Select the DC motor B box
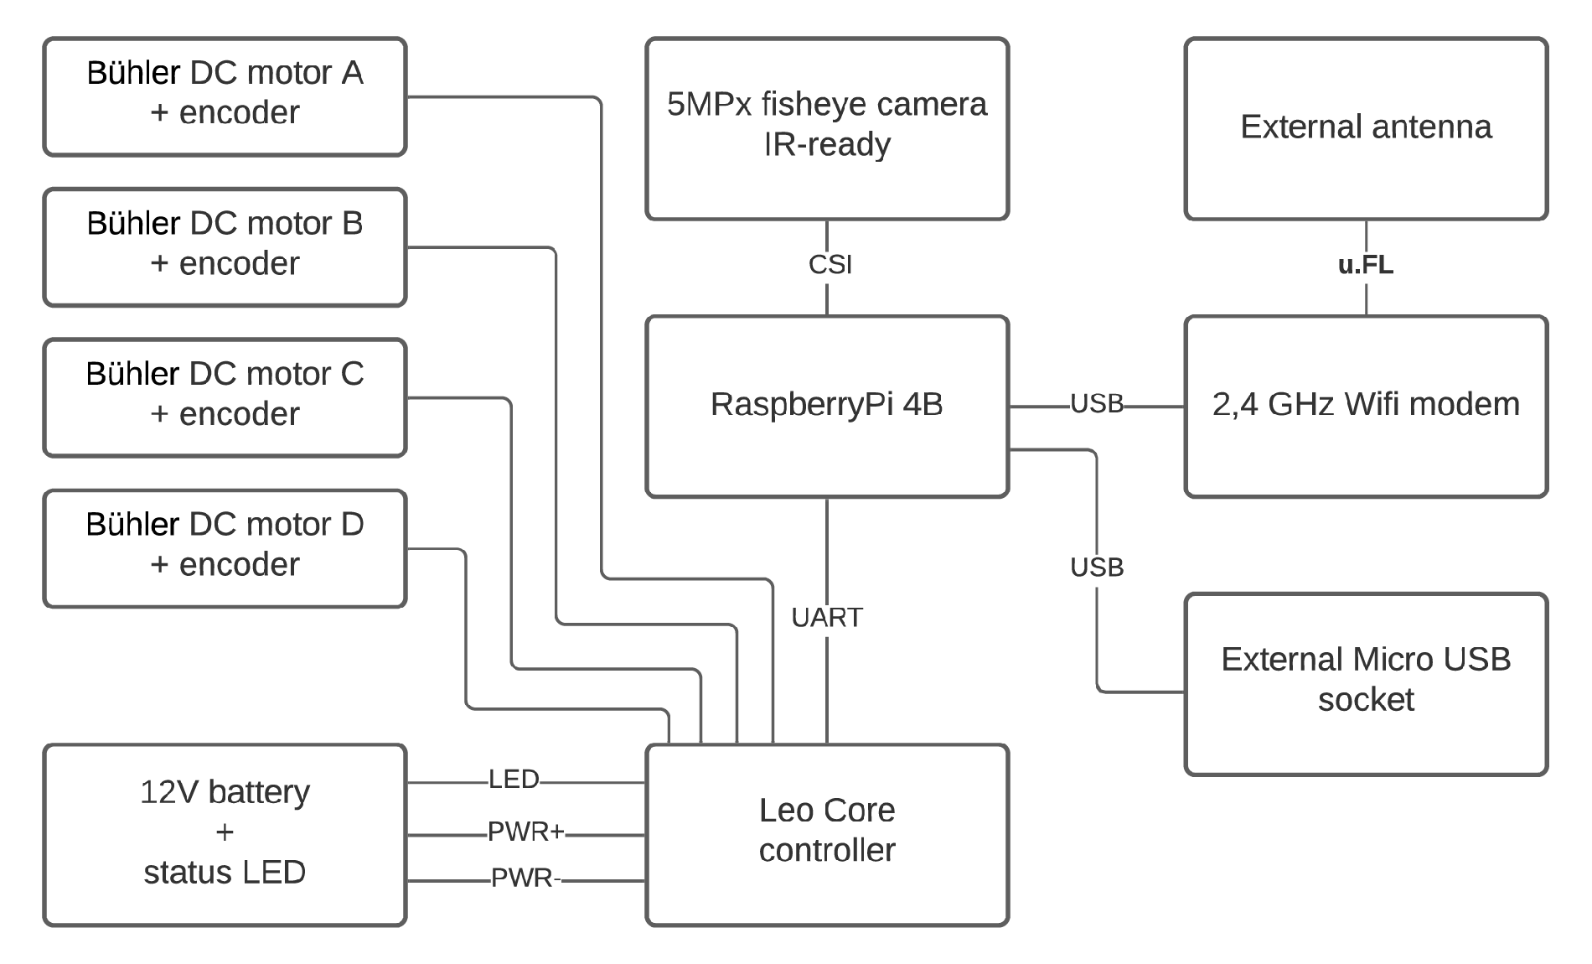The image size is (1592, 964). (x=225, y=244)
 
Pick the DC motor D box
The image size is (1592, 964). (x=225, y=546)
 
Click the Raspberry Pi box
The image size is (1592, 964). (x=827, y=405)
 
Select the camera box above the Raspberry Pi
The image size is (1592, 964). (x=827, y=127)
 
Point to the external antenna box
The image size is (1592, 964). (x=1366, y=127)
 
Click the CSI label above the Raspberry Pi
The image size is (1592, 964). (x=827, y=264)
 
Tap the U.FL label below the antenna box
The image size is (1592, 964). (x=1363, y=266)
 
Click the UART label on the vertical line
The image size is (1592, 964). (x=826, y=618)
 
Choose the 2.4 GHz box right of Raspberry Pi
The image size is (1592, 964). (x=1366, y=405)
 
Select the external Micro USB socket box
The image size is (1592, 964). (x=1366, y=681)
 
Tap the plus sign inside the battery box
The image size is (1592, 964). (x=224, y=832)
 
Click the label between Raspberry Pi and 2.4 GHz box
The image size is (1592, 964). (x=1095, y=403)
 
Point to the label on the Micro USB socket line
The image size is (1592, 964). (x=1095, y=568)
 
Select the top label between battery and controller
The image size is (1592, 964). (x=515, y=779)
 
